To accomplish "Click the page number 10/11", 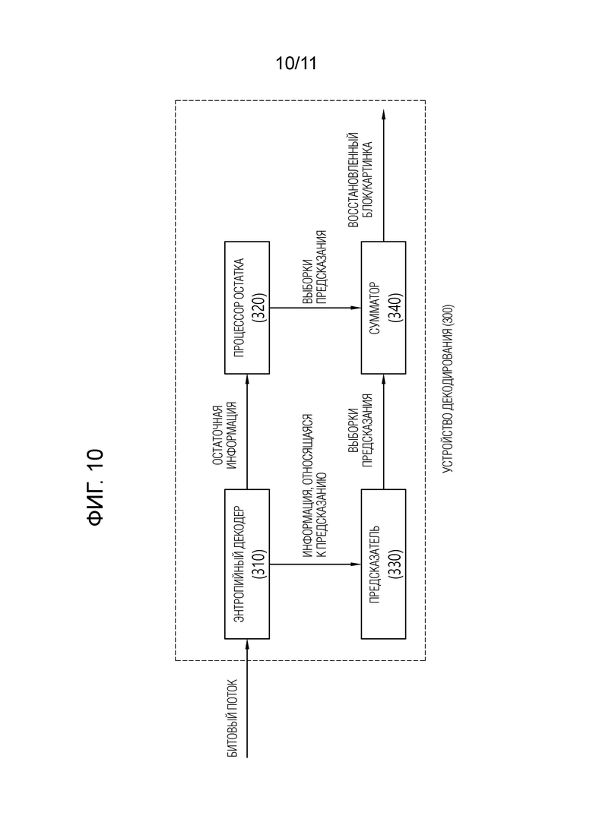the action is [296, 64].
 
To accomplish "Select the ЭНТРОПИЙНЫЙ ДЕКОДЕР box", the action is [246, 564].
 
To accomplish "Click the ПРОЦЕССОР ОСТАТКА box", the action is [246, 307].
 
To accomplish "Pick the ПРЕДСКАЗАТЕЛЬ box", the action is [383, 564].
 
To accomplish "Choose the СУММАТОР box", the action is [383, 307].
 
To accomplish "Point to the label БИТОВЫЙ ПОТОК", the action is [233, 718].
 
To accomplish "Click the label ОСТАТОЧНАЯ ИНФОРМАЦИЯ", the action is [224, 438].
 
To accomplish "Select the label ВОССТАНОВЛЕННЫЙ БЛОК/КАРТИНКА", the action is [360, 180].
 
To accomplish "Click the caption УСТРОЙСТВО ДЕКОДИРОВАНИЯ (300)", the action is [448, 388].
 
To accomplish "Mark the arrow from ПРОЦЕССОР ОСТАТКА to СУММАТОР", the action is [315, 308].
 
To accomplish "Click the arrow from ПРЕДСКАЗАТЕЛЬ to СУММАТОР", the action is [383, 432].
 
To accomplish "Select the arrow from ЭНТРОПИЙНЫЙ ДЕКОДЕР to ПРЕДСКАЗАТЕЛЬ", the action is [315, 564].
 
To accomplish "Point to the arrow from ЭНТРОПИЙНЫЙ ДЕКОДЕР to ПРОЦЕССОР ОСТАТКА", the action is [246, 432].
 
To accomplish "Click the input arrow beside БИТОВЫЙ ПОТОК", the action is [246, 698].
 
